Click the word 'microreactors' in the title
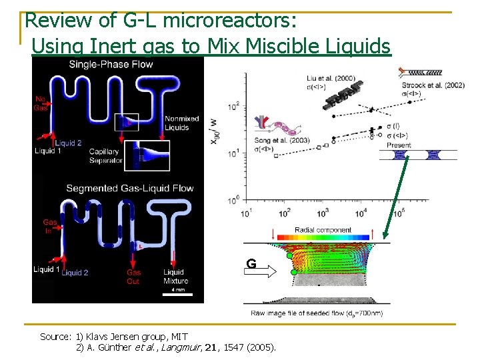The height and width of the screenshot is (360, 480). click(237, 21)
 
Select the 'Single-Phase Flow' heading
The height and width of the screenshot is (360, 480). click(110, 65)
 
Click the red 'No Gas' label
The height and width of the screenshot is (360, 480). click(41, 104)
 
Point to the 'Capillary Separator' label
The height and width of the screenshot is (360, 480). click(105, 156)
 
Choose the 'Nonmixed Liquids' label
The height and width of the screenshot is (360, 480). click(181, 123)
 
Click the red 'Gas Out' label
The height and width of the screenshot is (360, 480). click(133, 277)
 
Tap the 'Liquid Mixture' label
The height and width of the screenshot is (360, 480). click(174, 277)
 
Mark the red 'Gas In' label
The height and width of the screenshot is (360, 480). click(50, 226)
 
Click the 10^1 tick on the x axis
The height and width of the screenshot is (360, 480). click(246, 213)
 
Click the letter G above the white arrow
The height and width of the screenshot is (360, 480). click(251, 264)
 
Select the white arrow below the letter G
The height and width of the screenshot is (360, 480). click(259, 273)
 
